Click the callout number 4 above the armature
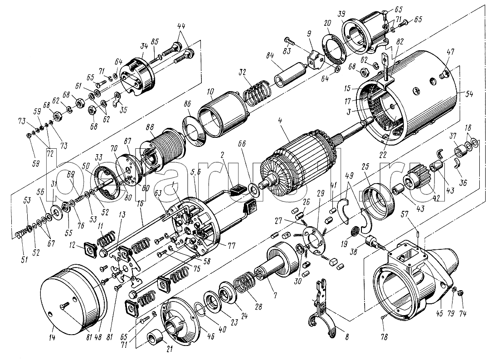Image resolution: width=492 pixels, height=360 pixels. (281, 122)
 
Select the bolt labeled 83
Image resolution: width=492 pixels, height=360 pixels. (290, 40)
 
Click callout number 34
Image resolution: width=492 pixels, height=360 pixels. (144, 45)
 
